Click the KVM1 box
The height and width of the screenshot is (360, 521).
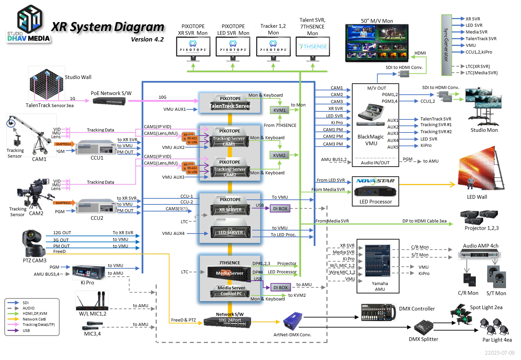(279, 110)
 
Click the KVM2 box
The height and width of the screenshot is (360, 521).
(279, 155)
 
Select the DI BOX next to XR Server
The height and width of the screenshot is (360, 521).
(280, 208)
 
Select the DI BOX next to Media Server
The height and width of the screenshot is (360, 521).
(280, 287)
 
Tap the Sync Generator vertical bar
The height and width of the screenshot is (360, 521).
(446, 45)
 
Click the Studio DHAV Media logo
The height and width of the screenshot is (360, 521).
(29, 24)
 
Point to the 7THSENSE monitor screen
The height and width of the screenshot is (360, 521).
(313, 47)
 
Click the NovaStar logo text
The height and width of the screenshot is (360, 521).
(375, 181)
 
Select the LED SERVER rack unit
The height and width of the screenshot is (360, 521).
(230, 232)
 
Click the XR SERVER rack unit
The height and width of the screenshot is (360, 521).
(230, 209)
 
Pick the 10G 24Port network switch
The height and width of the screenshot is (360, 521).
(228, 322)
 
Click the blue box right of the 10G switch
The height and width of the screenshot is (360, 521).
(293, 321)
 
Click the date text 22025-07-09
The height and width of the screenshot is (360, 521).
(500, 353)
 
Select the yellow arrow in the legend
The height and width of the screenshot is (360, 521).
(13, 319)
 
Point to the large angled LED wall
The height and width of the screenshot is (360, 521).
(479, 169)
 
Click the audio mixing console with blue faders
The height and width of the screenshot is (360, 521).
(378, 261)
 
